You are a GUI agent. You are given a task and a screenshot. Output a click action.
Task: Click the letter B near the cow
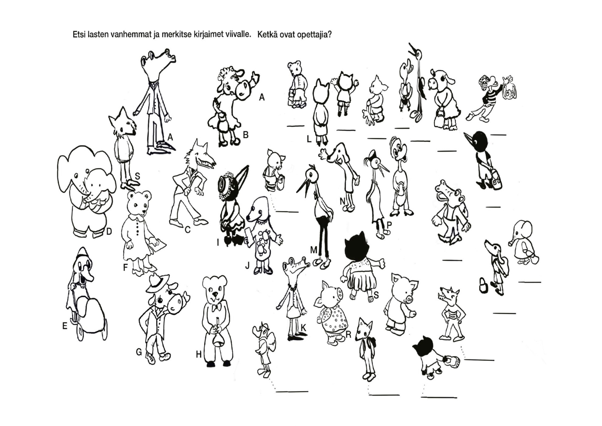tap(246, 135)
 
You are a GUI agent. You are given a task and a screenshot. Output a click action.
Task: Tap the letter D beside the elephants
tap(109, 232)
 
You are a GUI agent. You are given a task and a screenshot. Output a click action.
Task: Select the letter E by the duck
tap(65, 326)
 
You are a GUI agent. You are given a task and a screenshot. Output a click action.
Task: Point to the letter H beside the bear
tap(199, 354)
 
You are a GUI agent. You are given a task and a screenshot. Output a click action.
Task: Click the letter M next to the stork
tap(314, 250)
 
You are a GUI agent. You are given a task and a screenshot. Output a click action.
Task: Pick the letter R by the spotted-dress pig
tap(348, 335)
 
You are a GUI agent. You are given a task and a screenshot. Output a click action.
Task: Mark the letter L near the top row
tap(309, 139)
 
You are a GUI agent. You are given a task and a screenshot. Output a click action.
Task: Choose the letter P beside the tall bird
tap(389, 225)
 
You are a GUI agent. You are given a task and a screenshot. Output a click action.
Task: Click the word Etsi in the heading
tap(79, 34)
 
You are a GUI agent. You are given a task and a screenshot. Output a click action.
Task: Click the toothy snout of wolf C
tap(207, 162)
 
